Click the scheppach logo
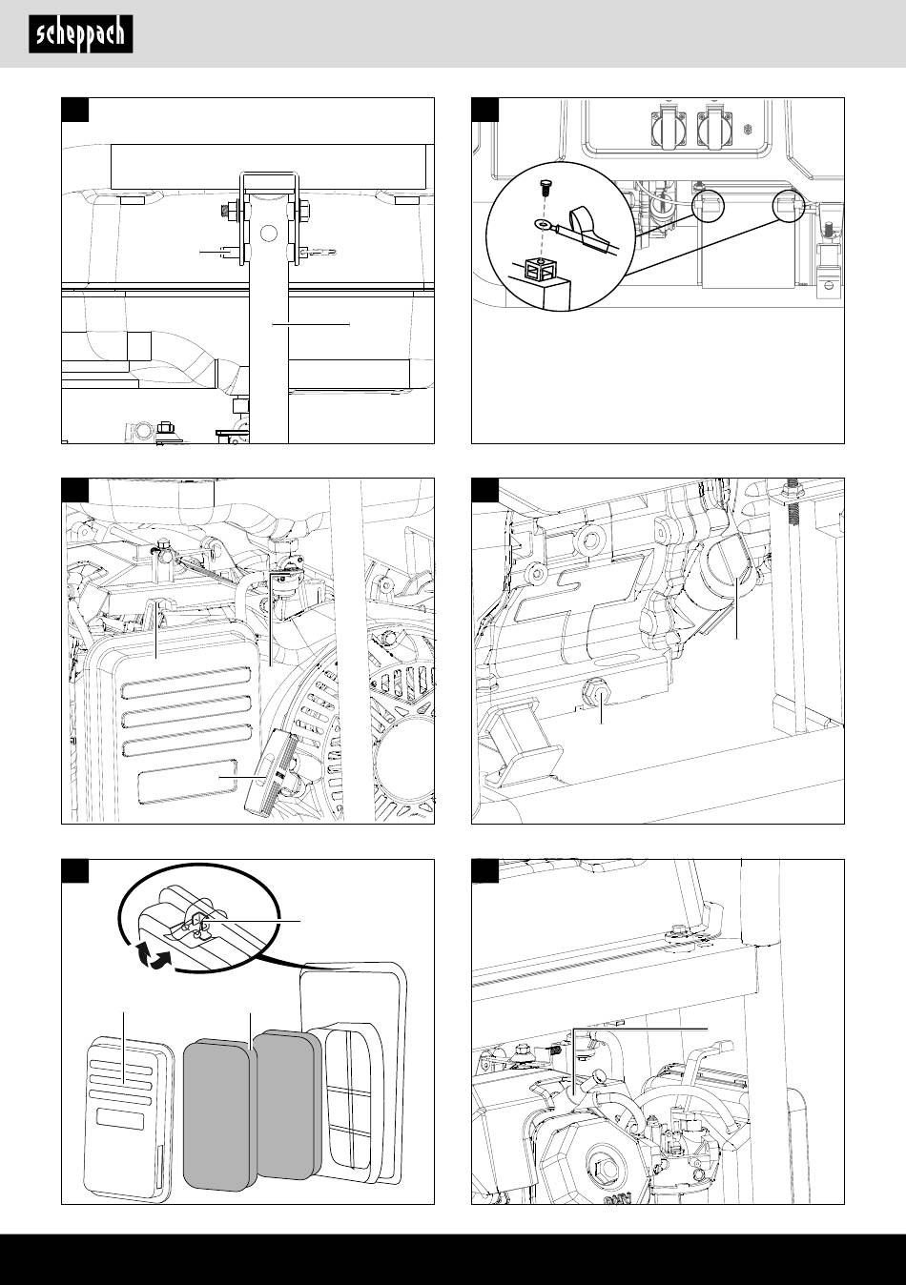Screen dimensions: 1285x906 [x=80, y=36]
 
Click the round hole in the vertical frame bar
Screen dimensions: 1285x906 [x=269, y=232]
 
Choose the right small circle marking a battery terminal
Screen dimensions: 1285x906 [x=789, y=205]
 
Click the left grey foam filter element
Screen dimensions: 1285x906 [x=216, y=1112]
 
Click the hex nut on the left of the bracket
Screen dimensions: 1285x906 [x=229, y=208]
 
